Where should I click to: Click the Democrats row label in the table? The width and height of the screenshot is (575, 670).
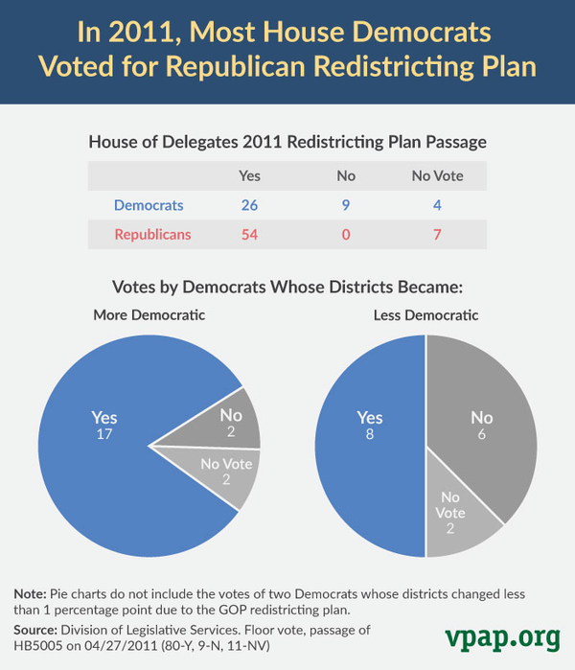point(149,205)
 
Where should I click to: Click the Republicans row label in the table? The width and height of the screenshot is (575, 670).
point(153,235)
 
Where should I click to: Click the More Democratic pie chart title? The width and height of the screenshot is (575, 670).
point(149,315)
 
